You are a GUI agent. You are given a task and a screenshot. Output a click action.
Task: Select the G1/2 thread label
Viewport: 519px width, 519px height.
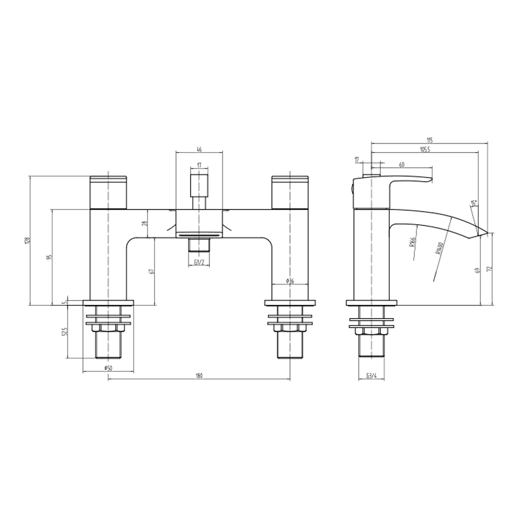(199, 263)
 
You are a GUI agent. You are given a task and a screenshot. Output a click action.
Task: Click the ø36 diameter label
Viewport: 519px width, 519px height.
(290, 281)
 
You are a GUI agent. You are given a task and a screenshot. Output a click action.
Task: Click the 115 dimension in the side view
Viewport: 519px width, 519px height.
(430, 140)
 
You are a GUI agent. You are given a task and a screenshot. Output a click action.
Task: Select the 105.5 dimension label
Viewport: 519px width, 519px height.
(425, 149)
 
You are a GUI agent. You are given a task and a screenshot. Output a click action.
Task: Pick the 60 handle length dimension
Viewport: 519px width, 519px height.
(402, 165)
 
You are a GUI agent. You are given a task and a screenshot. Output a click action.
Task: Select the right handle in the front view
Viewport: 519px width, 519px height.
(290, 192)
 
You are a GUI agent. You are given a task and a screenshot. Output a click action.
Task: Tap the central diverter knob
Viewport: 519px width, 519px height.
(199, 184)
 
